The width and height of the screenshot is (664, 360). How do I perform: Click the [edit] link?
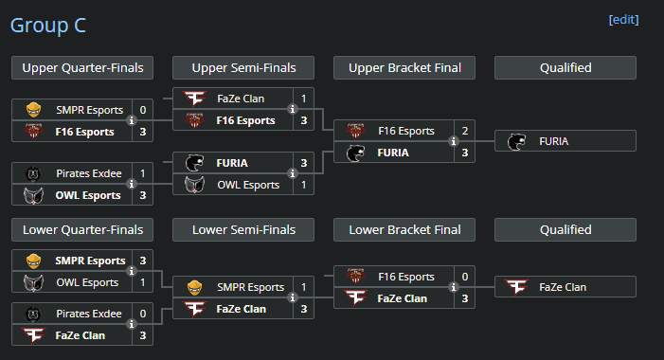(623, 20)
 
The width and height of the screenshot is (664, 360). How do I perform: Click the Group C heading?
(48, 25)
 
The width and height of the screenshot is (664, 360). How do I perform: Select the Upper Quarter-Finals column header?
(82, 67)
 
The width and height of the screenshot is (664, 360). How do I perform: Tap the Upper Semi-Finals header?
(243, 67)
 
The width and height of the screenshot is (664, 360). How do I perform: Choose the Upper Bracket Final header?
(404, 67)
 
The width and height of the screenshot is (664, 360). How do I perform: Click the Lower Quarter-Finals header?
(82, 229)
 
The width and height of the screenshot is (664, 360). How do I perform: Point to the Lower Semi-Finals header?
(243, 229)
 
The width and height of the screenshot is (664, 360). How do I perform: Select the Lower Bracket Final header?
(404, 229)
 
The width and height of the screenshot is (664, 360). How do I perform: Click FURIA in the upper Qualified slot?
(554, 141)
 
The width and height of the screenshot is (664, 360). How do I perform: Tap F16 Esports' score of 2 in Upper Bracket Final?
(464, 131)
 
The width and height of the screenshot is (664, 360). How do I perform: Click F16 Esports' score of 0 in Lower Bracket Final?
(464, 277)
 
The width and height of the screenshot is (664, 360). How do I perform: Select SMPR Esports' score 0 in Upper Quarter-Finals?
(143, 110)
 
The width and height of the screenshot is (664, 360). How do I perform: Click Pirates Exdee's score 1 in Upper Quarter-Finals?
(143, 173)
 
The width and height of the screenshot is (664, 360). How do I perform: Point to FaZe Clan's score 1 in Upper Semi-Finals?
(304, 99)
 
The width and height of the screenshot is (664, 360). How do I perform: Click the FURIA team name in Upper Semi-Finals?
(236, 163)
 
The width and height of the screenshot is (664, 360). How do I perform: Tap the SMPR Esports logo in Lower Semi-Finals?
(194, 287)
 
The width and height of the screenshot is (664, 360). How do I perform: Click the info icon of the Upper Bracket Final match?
(453, 142)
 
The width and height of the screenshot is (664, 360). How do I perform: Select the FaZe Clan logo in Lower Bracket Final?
(355, 298)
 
